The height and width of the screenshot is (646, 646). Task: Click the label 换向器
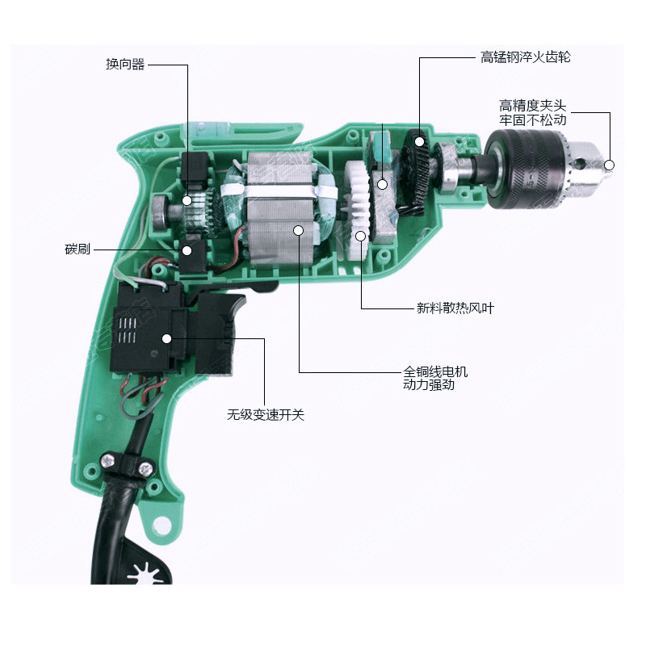click(x=125, y=65)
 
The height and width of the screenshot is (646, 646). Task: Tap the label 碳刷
click(x=78, y=250)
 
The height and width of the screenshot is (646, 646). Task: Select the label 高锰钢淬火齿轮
click(x=526, y=57)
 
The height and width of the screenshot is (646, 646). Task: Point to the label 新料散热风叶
click(x=455, y=308)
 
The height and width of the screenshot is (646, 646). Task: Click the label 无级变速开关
click(x=266, y=414)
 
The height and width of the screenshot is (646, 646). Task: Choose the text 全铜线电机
click(x=435, y=371)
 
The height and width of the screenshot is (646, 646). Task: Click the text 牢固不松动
click(x=533, y=120)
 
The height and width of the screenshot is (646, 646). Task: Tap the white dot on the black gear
click(x=419, y=142)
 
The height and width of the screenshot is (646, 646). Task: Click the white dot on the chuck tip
click(x=610, y=166)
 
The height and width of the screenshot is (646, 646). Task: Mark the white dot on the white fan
click(x=361, y=236)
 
